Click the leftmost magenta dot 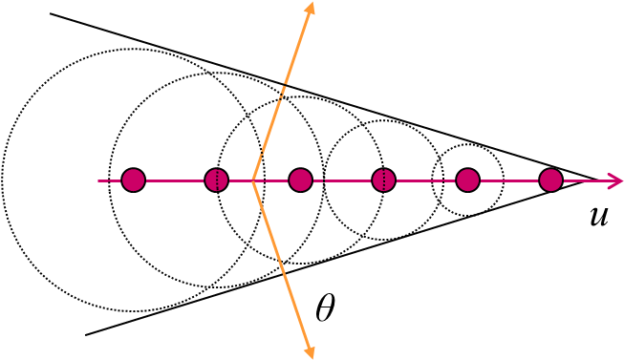click(133, 180)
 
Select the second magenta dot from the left click(217, 180)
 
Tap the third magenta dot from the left click(300, 180)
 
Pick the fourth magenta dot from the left click(383, 180)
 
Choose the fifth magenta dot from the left click(467, 180)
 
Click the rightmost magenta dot click(550, 180)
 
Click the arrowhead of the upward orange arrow click(309, 9)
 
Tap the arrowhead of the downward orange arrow click(309, 351)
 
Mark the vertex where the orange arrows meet click(252, 180)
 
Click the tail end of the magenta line click(99, 180)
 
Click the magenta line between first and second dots click(175, 180)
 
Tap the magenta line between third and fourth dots click(342, 180)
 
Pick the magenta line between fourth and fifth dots click(425, 180)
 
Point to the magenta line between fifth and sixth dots click(508, 180)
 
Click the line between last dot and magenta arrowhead click(583, 180)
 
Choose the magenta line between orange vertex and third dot click(272, 180)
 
